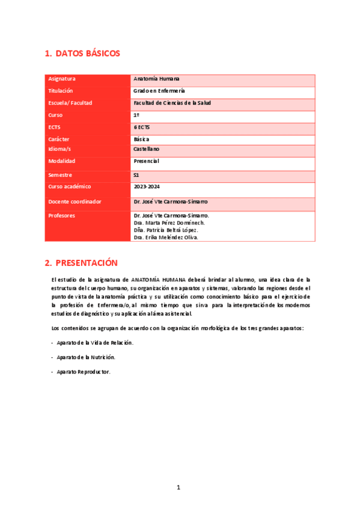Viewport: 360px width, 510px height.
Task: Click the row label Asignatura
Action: click(62, 79)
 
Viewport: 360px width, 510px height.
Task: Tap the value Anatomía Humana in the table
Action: click(156, 79)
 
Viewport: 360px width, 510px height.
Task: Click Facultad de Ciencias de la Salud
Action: click(172, 103)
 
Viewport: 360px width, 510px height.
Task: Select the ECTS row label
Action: click(55, 127)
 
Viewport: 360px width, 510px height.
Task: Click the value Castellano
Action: click(147, 149)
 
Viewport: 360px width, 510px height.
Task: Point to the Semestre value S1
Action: click(136, 175)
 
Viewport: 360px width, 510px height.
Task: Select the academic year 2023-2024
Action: click(146, 186)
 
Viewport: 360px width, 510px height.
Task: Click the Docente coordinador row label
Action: click(75, 201)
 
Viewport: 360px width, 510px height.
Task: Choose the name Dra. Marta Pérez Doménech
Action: click(169, 223)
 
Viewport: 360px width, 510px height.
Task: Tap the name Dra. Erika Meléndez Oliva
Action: click(166, 237)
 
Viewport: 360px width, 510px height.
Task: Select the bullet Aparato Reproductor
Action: click(84, 372)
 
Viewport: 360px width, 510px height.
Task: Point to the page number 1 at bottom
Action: click(178, 487)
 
